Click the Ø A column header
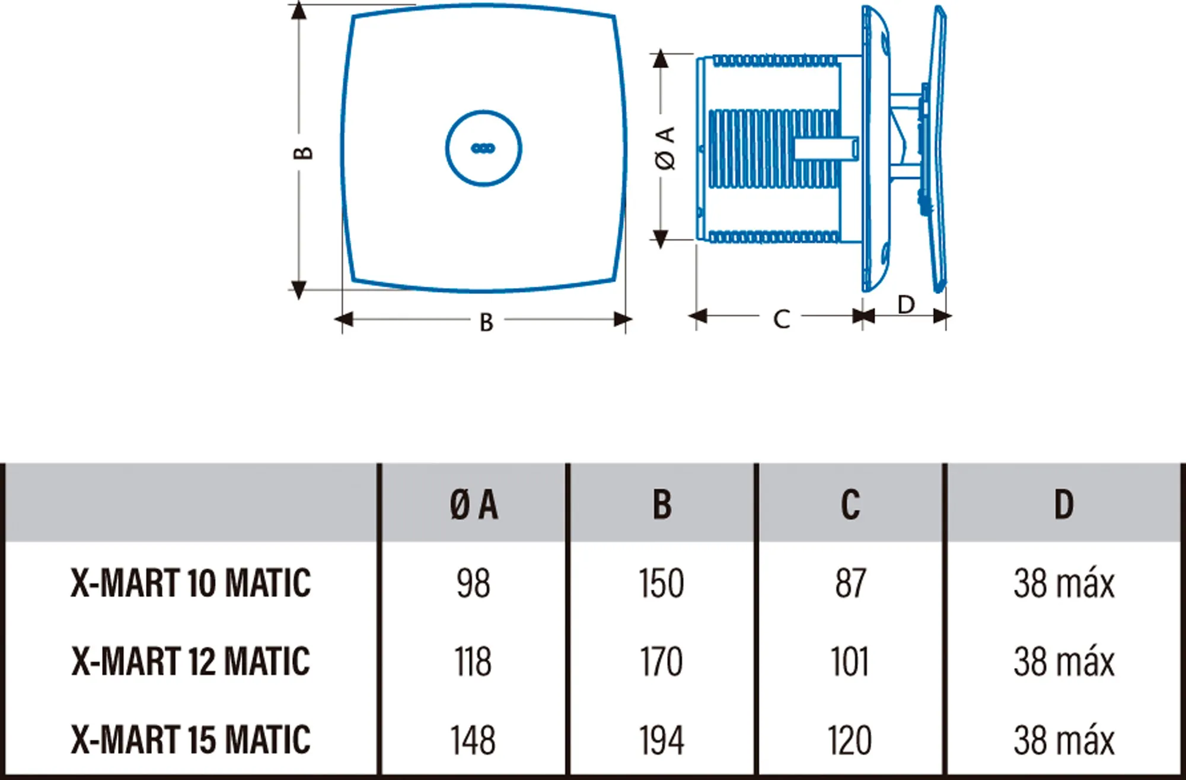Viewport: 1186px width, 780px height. [473, 505]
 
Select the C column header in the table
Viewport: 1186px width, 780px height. [850, 505]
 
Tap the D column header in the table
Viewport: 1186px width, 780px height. [1063, 505]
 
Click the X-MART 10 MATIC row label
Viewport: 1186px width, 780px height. [190, 583]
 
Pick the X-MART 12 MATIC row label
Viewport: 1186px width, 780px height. [190, 661]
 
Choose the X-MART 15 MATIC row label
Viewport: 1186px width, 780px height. [190, 739]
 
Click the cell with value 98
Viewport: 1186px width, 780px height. [473, 583]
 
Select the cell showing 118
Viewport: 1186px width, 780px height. [473, 661]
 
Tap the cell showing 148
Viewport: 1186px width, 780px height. [473, 740]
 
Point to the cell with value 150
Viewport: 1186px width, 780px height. [661, 583]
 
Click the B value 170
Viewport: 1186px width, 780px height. [661, 661]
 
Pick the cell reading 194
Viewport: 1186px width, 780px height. [661, 740]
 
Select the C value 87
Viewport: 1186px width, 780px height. [850, 583]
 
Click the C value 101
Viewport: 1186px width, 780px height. [850, 661]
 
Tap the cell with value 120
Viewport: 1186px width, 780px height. [850, 740]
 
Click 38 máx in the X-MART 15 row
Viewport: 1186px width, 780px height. [1064, 740]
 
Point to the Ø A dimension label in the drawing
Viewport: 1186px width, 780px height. [666, 148]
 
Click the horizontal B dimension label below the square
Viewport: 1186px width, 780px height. [486, 323]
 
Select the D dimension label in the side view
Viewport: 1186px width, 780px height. [906, 305]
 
